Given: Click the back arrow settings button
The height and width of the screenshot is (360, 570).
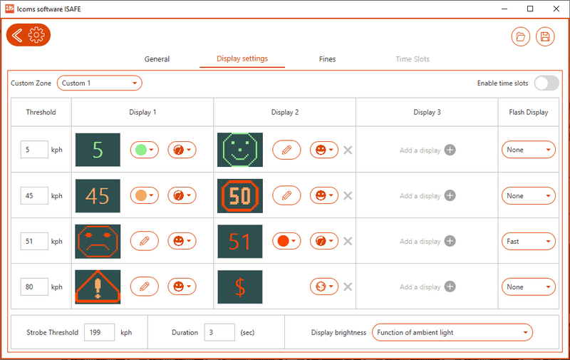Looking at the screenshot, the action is [28, 35].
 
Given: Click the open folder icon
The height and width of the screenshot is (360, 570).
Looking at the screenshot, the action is [521, 37].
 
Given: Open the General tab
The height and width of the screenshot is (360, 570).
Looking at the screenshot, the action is [157, 59].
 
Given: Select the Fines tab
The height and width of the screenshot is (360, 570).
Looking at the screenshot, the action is [327, 59].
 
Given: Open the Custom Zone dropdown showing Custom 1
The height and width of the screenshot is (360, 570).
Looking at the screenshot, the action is [99, 83].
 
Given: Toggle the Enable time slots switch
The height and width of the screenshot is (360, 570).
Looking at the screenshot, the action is [546, 83].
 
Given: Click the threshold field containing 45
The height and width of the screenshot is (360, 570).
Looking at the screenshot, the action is [34, 195].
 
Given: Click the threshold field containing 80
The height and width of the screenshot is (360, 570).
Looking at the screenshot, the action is [34, 287].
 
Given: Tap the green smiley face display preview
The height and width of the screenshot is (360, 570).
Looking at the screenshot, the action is [240, 150].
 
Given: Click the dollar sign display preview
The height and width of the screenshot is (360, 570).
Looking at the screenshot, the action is [240, 287].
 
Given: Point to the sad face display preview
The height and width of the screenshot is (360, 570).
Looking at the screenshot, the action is [98, 242].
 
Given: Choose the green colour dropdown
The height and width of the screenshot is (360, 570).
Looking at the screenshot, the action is [145, 150].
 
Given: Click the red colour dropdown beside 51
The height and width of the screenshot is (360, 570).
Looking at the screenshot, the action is [286, 241].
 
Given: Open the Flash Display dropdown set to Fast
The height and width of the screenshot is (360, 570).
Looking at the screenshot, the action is [529, 242].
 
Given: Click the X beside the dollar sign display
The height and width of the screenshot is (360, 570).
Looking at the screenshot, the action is [348, 287].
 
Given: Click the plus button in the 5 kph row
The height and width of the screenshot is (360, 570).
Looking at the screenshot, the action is [450, 150].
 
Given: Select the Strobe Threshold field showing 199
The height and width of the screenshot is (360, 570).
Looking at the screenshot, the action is [99, 332].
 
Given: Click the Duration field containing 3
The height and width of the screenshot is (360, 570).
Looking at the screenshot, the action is [219, 332].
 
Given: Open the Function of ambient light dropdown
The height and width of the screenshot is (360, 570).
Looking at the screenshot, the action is [452, 332].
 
